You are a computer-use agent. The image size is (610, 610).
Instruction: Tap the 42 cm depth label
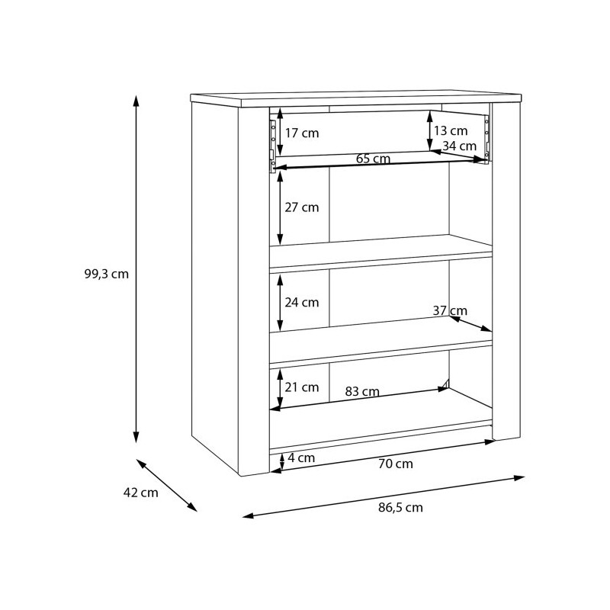140,493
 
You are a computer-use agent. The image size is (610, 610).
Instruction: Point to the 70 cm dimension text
396,463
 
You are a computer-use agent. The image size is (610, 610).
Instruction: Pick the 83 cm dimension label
362,392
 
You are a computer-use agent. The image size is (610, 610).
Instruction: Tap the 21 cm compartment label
302,387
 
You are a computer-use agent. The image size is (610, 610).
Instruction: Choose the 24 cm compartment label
302,302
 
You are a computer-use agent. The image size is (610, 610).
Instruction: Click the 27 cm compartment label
302,207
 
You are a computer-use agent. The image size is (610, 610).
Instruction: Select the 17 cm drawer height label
302,133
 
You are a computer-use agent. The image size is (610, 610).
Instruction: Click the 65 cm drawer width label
374,159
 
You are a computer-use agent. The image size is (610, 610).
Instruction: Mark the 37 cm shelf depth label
449,310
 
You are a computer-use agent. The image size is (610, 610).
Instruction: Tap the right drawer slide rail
485,137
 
